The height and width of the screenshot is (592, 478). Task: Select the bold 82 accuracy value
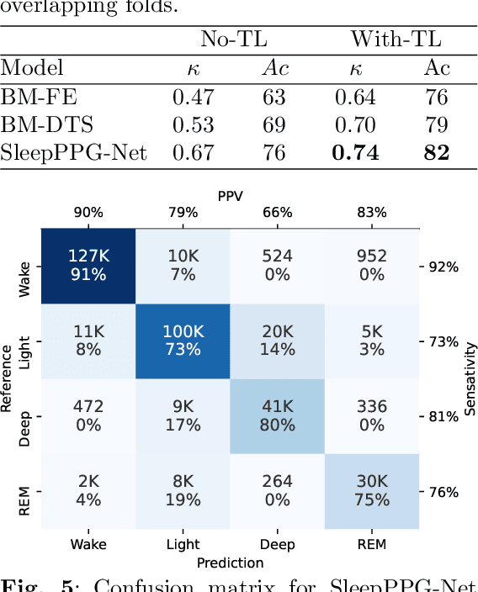[x=436, y=152]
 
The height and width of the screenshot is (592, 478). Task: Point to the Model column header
[x=32, y=68]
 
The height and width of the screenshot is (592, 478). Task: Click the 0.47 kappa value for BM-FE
[x=192, y=97]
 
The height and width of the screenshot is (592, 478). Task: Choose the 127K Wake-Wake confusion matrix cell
[x=88, y=266]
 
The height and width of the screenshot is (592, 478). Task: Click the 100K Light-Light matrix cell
[x=183, y=341]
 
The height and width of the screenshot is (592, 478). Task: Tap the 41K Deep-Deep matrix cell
[x=277, y=415]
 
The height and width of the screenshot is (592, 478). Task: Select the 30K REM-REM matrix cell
[x=371, y=490]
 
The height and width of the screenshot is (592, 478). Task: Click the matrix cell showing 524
[x=277, y=266]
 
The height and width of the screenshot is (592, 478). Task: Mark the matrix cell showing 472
[x=88, y=415]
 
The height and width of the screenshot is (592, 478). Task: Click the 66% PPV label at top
[x=277, y=213]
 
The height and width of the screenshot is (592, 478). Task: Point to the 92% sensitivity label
[x=442, y=267]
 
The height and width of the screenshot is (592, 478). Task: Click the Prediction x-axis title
[x=230, y=563]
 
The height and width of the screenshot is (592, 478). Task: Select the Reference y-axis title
[x=8, y=378]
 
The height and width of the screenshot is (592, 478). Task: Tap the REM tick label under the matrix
[x=371, y=544]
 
